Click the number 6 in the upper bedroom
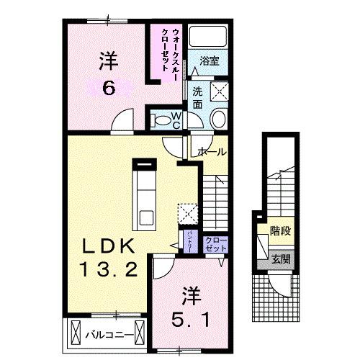[108, 89]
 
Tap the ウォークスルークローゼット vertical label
[171, 53]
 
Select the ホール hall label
[212, 152]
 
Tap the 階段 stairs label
[280, 233]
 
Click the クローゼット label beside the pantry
[215, 243]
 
